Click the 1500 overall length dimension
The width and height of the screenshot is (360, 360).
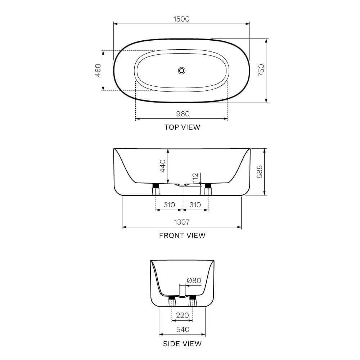[181, 19]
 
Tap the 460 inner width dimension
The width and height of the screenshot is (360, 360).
[98, 71]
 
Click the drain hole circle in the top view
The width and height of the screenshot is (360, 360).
[181, 71]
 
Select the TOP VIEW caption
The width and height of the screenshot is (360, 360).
[182, 127]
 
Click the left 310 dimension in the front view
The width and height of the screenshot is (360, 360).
[169, 205]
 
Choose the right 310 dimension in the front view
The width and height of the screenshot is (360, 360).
[195, 205]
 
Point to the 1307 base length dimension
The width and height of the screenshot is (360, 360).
[182, 222]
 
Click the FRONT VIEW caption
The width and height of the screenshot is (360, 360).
[182, 235]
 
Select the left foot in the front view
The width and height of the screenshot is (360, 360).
[156, 188]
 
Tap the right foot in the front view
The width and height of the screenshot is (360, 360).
[208, 188]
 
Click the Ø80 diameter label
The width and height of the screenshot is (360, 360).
[194, 281]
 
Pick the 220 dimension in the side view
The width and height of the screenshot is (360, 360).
[182, 315]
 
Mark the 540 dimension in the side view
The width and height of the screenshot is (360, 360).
[182, 329]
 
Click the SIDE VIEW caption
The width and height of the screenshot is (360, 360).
[182, 344]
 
